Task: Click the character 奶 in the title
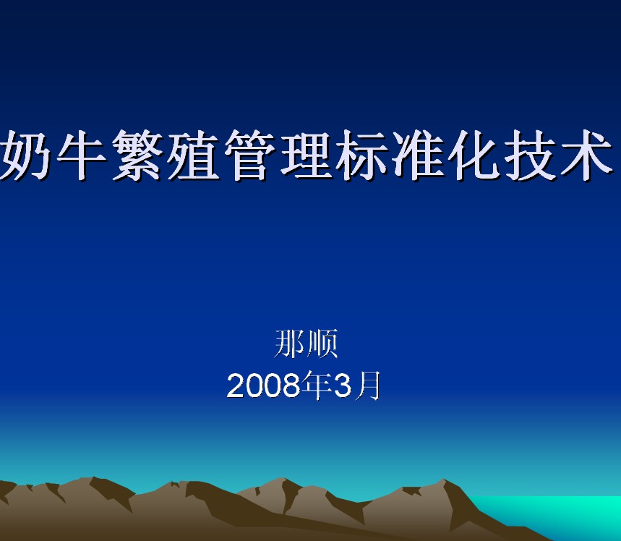[x=25, y=155]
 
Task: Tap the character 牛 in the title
[x=82, y=155]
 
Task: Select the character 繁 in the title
[x=138, y=155]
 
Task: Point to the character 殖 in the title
[x=194, y=155]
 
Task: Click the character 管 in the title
[x=249, y=155]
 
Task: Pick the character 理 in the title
[x=306, y=155]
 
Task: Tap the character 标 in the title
[x=361, y=155]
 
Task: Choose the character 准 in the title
[x=418, y=155]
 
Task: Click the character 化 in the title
[x=474, y=155]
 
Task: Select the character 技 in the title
[x=530, y=155]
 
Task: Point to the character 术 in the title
[x=586, y=155]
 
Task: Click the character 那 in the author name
[x=289, y=344]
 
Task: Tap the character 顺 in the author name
[x=322, y=344]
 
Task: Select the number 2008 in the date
[x=263, y=385]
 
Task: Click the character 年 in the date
[x=317, y=385]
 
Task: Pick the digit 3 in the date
[x=343, y=385]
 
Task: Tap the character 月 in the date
[x=367, y=385]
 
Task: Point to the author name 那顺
[x=306, y=344]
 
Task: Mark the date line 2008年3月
[x=304, y=385]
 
